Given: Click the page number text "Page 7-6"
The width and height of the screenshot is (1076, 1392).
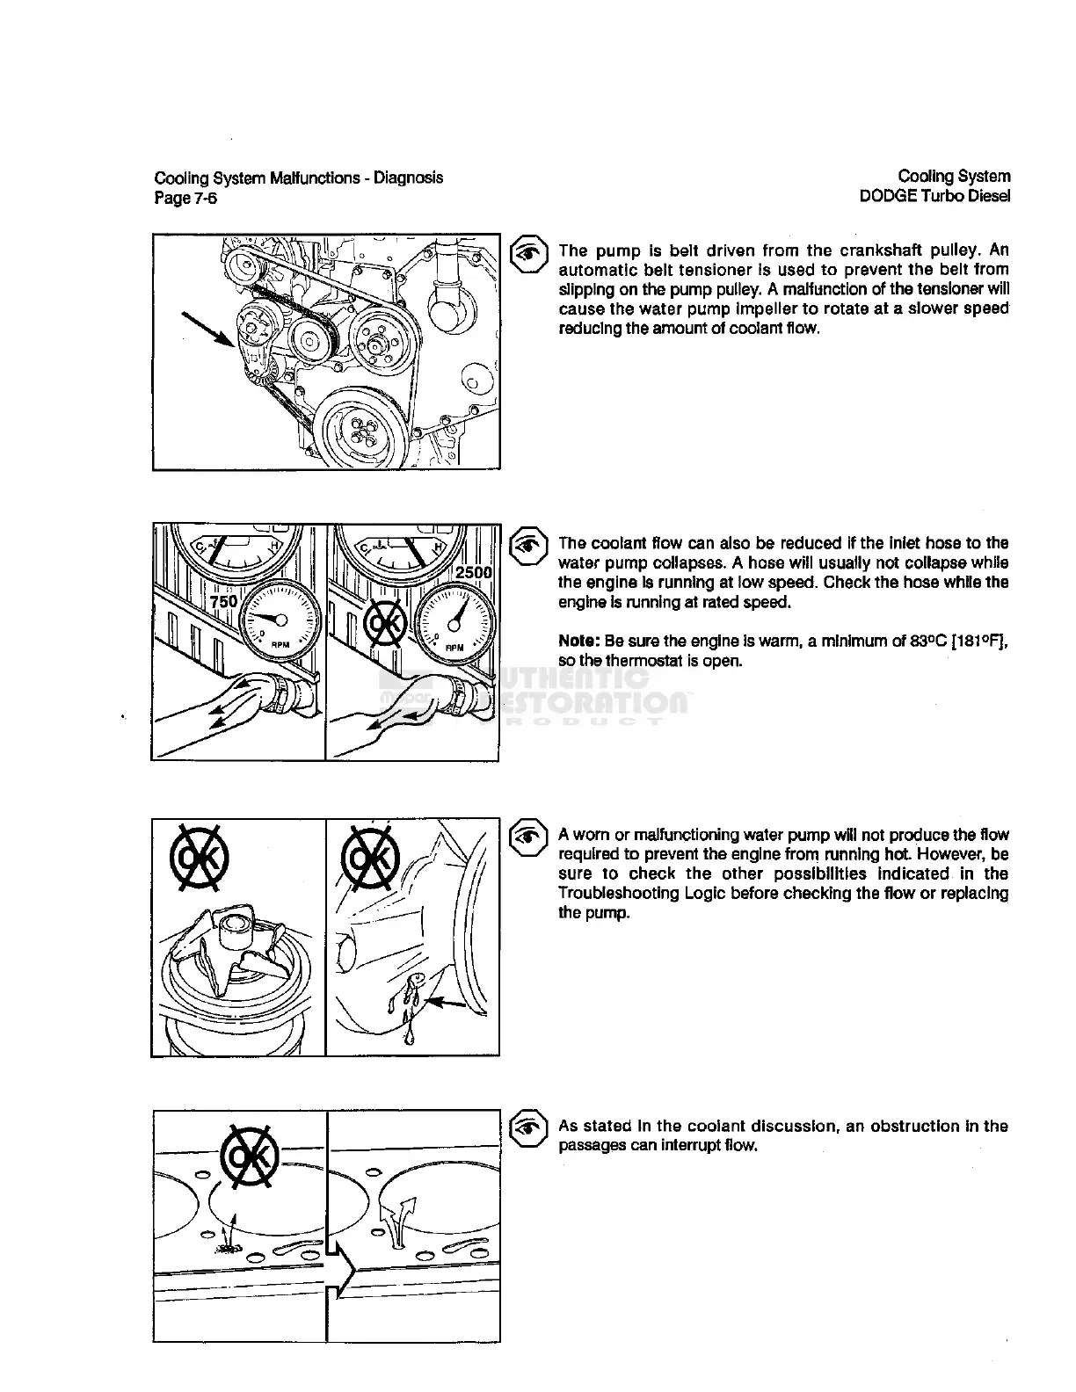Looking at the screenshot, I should click(x=185, y=199).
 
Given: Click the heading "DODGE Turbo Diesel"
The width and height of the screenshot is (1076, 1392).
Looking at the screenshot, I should click(x=934, y=197).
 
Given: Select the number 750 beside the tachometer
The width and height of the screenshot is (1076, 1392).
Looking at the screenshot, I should click(x=224, y=601).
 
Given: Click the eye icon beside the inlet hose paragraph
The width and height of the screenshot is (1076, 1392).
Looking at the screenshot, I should click(x=529, y=545).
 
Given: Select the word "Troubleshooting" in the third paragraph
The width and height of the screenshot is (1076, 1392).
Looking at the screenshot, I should click(x=613, y=894).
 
